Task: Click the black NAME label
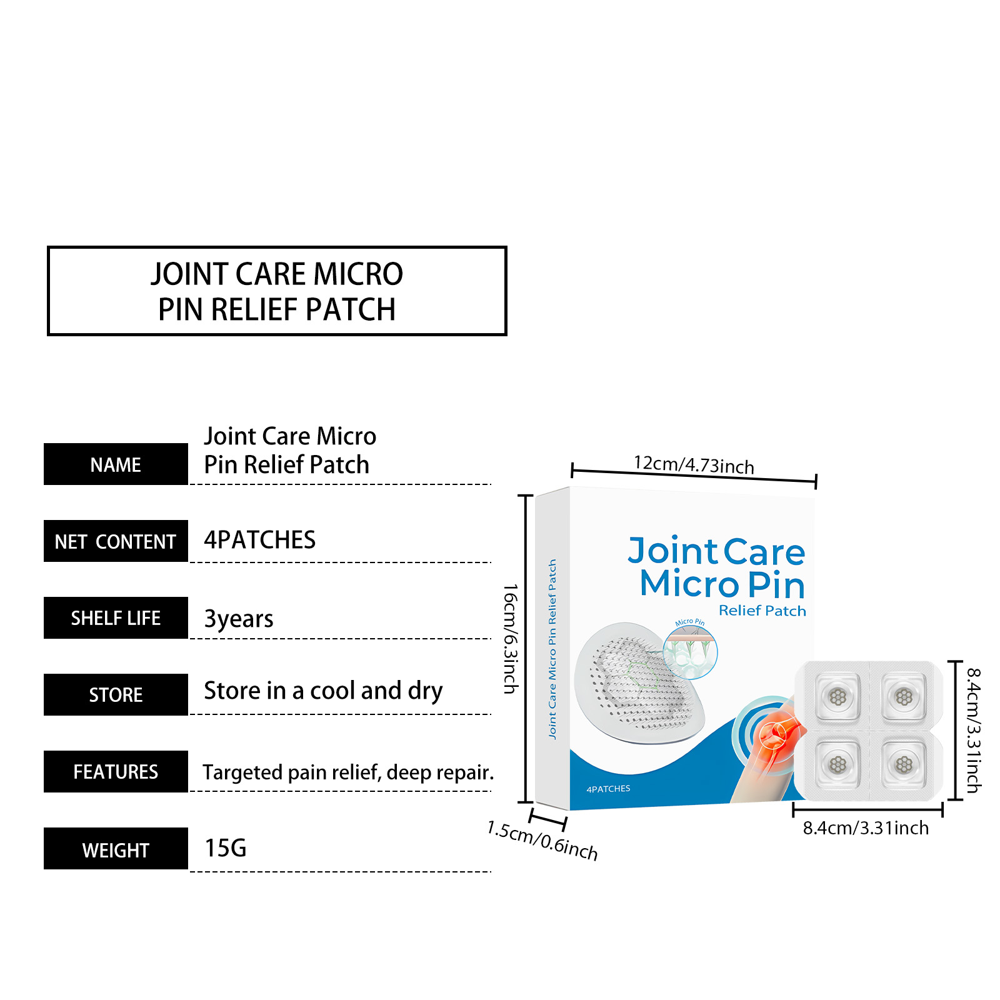[x=116, y=464]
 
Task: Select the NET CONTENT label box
[x=116, y=541]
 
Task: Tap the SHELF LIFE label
[x=116, y=618]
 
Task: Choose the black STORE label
[x=116, y=695]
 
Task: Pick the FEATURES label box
[x=116, y=772]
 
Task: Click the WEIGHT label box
[x=116, y=849]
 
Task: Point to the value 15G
[x=226, y=848]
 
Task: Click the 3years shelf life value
[x=239, y=619]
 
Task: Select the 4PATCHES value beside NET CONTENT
[x=260, y=540]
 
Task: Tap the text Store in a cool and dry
[x=323, y=691]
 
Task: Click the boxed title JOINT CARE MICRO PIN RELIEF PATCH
[x=277, y=291]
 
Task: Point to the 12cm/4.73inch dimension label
[x=694, y=464]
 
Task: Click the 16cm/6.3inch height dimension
[x=511, y=639]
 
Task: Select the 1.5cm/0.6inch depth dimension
[x=542, y=841]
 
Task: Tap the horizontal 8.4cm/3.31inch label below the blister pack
[x=866, y=828]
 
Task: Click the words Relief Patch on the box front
[x=762, y=611]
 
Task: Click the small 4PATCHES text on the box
[x=608, y=789]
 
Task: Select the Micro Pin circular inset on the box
[x=690, y=651]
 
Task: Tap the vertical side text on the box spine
[x=552, y=649]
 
